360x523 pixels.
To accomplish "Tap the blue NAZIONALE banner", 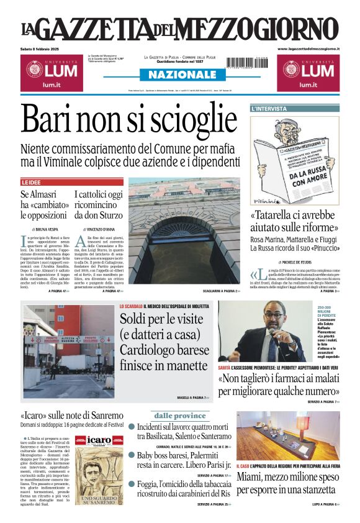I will (179, 75).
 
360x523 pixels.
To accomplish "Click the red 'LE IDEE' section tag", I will (32, 182).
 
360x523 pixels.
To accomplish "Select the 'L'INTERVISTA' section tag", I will (269, 109).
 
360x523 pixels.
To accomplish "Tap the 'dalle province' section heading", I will (179, 415).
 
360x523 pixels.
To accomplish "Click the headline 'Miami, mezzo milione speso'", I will (287, 477).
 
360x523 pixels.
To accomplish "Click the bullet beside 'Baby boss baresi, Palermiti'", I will (132, 455).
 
